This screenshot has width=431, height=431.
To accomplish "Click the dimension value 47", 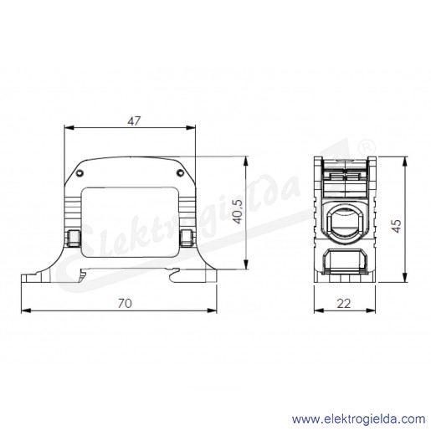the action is tap(134, 121).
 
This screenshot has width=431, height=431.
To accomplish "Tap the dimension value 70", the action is tap(125, 304).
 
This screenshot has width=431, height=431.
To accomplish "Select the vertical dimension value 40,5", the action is tap(238, 212).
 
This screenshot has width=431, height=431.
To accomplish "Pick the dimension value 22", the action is tap(344, 304).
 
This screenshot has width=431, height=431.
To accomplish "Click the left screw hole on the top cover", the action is tap(80, 173).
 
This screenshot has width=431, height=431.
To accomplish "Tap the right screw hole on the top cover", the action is tap(180, 173).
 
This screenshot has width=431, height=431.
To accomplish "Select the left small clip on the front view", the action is tap(74, 238).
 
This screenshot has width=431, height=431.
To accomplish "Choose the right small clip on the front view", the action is tap(187, 238).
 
